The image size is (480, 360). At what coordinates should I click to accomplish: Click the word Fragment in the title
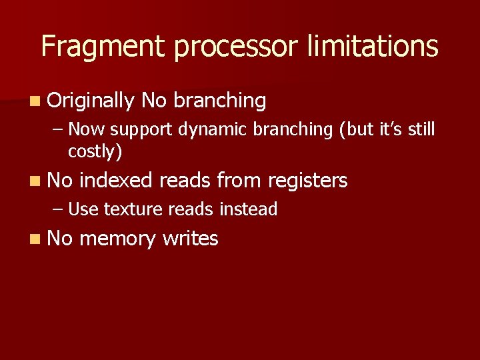(x=102, y=46)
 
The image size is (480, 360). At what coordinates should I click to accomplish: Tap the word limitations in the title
(x=373, y=46)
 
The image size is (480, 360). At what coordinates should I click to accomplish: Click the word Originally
(x=91, y=101)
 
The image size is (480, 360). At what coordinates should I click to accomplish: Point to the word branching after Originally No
(x=219, y=101)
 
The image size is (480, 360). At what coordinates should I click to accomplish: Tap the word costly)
(x=95, y=151)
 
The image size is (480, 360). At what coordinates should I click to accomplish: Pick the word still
(x=421, y=129)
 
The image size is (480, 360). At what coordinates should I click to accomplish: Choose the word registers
(x=307, y=181)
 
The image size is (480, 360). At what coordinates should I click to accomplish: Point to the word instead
(x=248, y=209)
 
